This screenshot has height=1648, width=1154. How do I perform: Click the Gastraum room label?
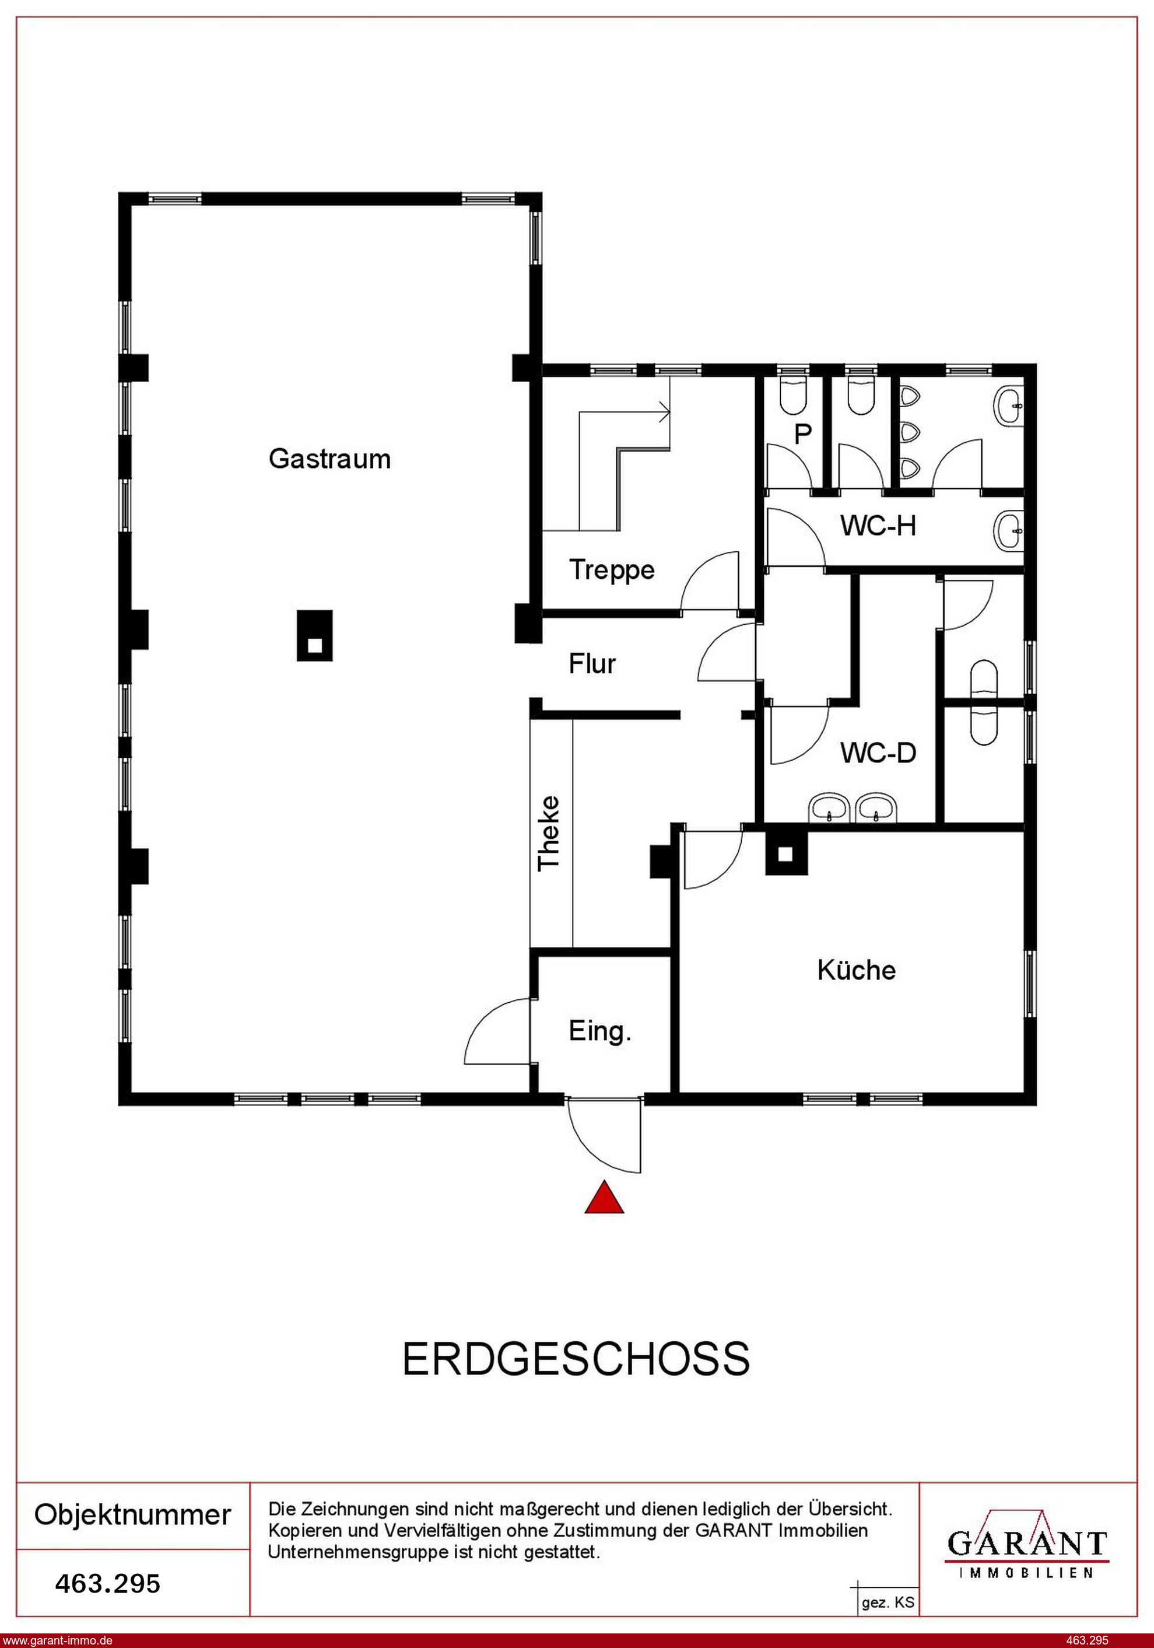[329, 459]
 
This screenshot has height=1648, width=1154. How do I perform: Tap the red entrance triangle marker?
[604, 1196]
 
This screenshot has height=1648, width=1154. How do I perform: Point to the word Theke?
[549, 833]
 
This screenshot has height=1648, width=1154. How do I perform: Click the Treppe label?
[612, 570]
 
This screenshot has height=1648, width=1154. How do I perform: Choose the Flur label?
[592, 664]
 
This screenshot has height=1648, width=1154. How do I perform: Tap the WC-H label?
[878, 526]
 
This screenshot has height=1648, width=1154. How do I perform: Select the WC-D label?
[878, 753]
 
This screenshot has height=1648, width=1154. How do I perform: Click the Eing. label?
[600, 1032]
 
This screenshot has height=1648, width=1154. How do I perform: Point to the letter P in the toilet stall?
[802, 433]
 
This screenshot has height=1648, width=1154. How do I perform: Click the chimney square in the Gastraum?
[315, 635]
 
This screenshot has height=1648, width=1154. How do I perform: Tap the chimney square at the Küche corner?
[786, 853]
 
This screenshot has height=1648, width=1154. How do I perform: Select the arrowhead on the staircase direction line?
[665, 412]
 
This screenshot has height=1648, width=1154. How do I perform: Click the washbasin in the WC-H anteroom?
[1008, 531]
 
